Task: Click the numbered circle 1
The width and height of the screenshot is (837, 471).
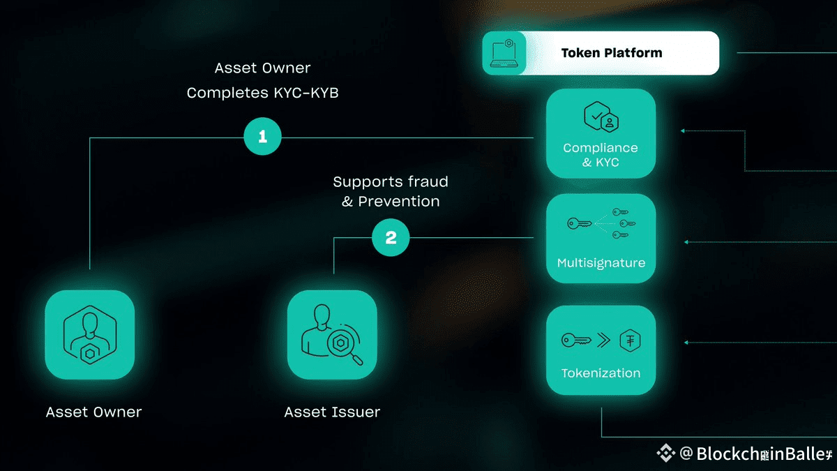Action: click(x=262, y=137)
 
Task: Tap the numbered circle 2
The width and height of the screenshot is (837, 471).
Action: click(x=391, y=238)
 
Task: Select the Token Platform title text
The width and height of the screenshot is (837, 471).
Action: click(x=612, y=53)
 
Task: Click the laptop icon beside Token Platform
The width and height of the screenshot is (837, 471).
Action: click(x=504, y=53)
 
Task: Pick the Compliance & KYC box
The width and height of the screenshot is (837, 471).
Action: click(x=601, y=133)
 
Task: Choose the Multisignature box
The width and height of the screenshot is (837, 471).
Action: click(x=601, y=239)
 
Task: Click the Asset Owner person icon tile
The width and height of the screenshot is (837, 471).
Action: click(x=89, y=335)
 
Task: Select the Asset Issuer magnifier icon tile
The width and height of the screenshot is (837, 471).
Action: click(x=332, y=335)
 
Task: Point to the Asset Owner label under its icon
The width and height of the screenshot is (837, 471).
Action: click(x=93, y=412)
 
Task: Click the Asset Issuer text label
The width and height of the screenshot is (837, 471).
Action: click(x=332, y=412)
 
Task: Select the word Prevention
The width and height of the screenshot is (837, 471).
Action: click(x=399, y=201)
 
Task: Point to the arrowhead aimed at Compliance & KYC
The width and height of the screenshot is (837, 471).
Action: click(x=683, y=130)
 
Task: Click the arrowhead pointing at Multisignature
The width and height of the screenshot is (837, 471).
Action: click(x=686, y=242)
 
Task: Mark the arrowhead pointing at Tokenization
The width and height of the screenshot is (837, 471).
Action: click(x=686, y=343)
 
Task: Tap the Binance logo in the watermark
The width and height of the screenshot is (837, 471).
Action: click(x=665, y=454)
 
